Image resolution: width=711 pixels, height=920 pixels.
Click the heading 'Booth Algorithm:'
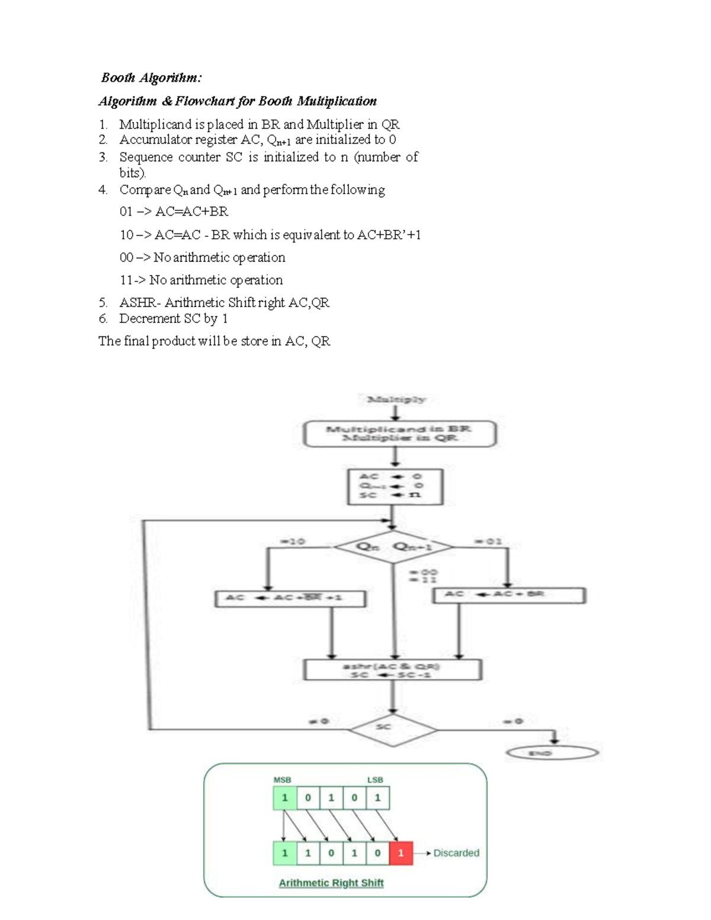click(151, 78)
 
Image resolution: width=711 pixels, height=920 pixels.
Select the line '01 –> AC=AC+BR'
click(174, 211)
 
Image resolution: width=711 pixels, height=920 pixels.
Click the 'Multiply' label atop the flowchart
click(396, 399)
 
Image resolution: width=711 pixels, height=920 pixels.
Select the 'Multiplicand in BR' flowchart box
click(399, 434)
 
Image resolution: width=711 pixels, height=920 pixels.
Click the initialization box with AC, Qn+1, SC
click(395, 486)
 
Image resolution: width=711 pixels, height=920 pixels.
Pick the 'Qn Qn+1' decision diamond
click(393, 547)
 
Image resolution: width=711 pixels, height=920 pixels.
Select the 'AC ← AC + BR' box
click(509, 594)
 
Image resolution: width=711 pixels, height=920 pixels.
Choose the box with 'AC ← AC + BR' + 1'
click(290, 598)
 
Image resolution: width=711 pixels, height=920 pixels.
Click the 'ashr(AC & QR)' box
click(392, 670)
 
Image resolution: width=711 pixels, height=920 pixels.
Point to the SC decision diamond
click(392, 727)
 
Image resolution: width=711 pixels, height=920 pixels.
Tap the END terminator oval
click(552, 753)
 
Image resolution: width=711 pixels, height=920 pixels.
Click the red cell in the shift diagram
click(401, 853)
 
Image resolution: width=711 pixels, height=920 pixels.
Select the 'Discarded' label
click(456, 853)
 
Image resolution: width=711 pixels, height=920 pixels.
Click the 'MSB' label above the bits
click(282, 780)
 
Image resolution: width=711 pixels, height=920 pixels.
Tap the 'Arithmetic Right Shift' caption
click(331, 883)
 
